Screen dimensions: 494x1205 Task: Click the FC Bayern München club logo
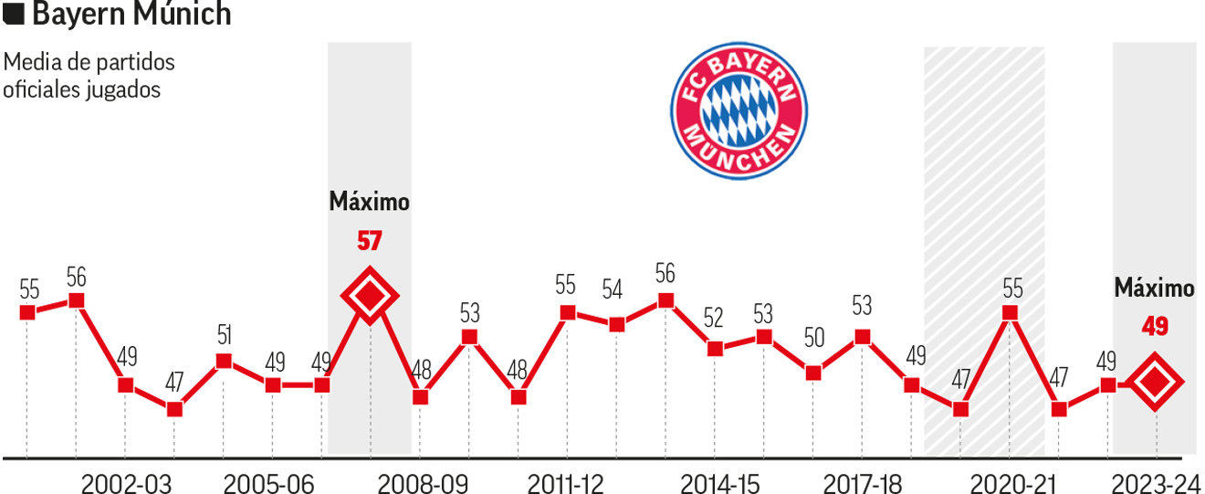click(739, 110)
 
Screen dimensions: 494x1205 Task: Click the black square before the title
click(15, 15)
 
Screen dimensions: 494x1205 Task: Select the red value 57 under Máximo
click(369, 242)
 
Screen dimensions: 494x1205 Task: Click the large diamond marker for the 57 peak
click(369, 296)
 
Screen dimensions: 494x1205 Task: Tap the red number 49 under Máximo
click(1155, 326)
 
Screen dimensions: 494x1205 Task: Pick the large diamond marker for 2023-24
click(1155, 384)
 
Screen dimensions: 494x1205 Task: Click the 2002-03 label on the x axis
click(126, 483)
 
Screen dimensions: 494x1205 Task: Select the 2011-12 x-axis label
click(567, 483)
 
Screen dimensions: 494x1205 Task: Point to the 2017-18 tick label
click(862, 483)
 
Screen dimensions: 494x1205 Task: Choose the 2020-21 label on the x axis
click(1011, 483)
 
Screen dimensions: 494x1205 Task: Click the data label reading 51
click(224, 335)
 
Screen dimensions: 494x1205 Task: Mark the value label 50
click(814, 338)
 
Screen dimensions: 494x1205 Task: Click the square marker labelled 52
click(716, 348)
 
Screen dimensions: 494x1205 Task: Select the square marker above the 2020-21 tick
click(1010, 312)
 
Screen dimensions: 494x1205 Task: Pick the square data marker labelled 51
click(224, 361)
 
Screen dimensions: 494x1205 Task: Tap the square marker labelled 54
click(616, 324)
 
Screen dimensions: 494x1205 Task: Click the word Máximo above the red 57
click(369, 202)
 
